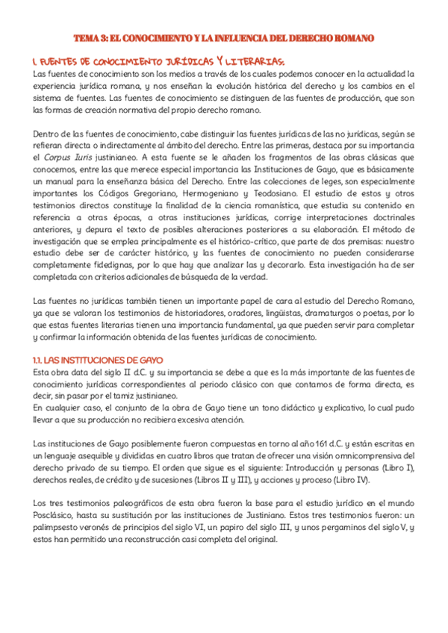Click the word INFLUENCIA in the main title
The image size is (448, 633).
click(239, 38)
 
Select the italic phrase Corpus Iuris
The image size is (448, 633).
click(64, 159)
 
